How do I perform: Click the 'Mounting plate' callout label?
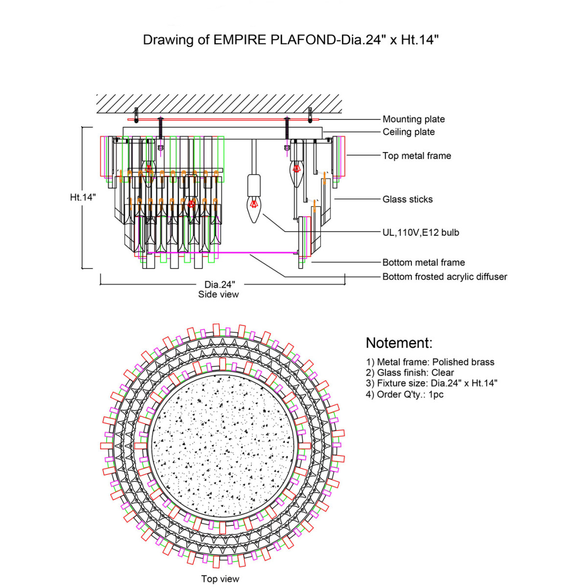click(x=413, y=119)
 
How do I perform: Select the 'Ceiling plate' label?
click(x=408, y=132)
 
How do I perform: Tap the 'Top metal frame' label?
click(x=416, y=156)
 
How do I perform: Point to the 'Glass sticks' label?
click(x=407, y=199)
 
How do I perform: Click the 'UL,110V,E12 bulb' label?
click(x=421, y=232)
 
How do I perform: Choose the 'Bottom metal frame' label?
click(x=423, y=262)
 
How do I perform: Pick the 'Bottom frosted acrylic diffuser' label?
click(x=444, y=276)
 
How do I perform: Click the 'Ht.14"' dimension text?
click(x=83, y=197)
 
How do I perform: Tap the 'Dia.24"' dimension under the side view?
click(x=220, y=284)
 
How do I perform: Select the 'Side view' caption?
click(x=218, y=294)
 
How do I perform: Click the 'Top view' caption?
click(x=220, y=579)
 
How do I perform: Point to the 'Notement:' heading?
click(x=399, y=343)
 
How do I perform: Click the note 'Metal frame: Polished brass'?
click(x=430, y=362)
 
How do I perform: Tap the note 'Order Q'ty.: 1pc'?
click(x=405, y=394)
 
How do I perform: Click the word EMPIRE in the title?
click(x=240, y=40)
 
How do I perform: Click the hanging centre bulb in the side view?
click(x=253, y=205)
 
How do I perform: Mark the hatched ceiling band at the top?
click(x=219, y=103)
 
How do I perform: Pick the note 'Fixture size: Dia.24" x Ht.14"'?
click(x=431, y=384)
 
